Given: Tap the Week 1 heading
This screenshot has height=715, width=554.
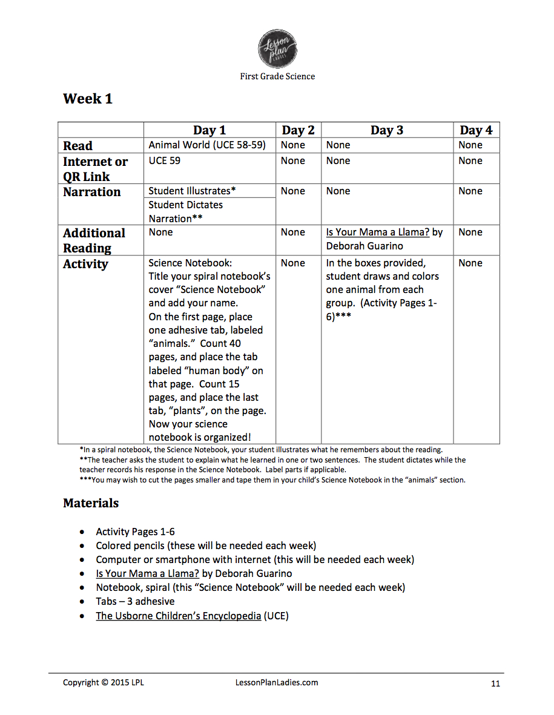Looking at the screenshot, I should [88, 99].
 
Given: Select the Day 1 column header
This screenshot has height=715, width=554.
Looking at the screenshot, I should [209, 130].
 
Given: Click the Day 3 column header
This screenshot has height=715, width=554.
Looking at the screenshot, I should [387, 130].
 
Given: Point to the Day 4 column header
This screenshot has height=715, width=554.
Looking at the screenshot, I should [476, 130].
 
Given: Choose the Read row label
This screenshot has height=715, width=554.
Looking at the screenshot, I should [77, 146].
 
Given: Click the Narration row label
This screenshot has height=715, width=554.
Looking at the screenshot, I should [92, 192].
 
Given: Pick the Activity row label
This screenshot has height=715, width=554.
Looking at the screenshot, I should [85, 264].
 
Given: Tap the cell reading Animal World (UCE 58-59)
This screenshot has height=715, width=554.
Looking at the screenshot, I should [207, 145].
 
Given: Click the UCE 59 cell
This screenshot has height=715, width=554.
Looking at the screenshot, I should [165, 160].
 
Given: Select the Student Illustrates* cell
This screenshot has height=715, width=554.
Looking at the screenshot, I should [192, 191].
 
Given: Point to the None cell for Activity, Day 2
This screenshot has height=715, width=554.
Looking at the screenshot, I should [293, 263].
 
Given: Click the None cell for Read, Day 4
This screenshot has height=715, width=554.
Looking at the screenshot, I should [470, 145].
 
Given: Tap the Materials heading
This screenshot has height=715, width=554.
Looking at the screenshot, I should [91, 503].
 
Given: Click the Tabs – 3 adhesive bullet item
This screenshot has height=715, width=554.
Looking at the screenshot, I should [135, 601].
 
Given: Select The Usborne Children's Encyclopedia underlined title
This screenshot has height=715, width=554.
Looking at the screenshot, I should [179, 616].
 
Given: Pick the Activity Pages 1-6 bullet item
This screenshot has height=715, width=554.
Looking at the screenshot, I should [135, 532].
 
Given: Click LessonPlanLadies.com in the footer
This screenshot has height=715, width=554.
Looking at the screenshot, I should [276, 682].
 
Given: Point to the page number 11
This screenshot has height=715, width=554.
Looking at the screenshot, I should [495, 684].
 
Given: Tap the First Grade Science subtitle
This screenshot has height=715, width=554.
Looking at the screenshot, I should [277, 76].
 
